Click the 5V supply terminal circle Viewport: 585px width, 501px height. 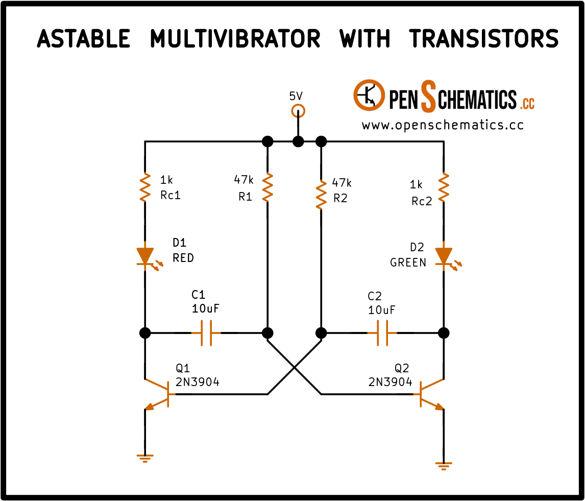(298, 111)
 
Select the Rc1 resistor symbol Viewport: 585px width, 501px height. (145, 187)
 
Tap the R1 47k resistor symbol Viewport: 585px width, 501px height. (267, 187)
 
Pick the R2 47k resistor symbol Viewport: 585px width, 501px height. (321, 195)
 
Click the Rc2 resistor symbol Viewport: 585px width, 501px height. (444, 187)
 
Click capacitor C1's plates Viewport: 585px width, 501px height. (206, 332)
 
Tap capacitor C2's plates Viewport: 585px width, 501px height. (382, 332)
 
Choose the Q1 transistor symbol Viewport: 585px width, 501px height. (160, 394)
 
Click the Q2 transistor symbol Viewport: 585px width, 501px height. (428, 394)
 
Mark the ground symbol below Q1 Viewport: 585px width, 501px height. (145, 458)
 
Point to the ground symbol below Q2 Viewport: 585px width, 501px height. (444, 466)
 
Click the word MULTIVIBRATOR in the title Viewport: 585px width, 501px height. (235, 39)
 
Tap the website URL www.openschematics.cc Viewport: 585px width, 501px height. (443, 125)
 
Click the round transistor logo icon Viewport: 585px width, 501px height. (369, 95)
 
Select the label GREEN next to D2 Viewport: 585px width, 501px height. (408, 263)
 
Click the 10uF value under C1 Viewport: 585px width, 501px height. (206, 308)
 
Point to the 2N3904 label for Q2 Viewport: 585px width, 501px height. (390, 382)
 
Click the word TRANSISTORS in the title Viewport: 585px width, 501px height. (483, 39)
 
